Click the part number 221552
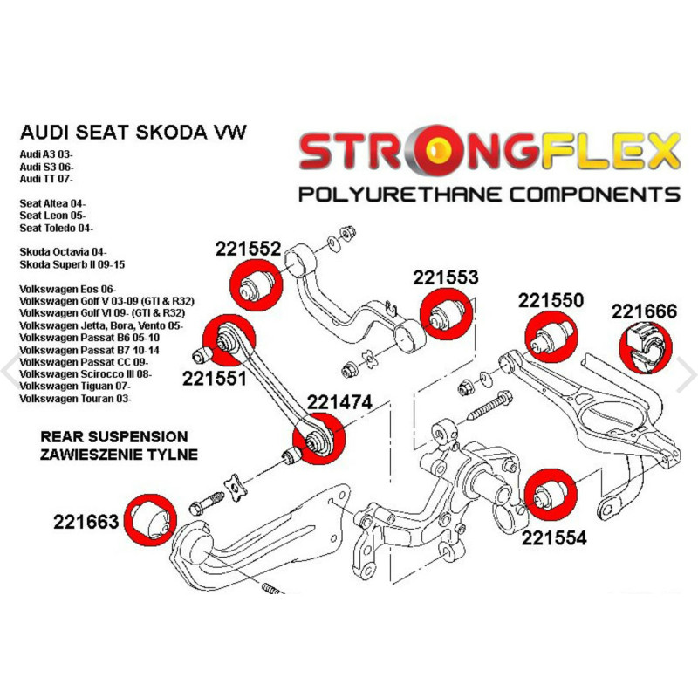(x=248, y=249)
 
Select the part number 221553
(x=445, y=277)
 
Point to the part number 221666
(x=644, y=311)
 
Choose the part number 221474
(x=339, y=402)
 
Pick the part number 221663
(x=86, y=522)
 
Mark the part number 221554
(x=554, y=537)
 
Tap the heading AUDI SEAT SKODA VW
(x=133, y=132)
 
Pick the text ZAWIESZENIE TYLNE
(x=118, y=454)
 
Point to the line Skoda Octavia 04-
(x=65, y=251)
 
